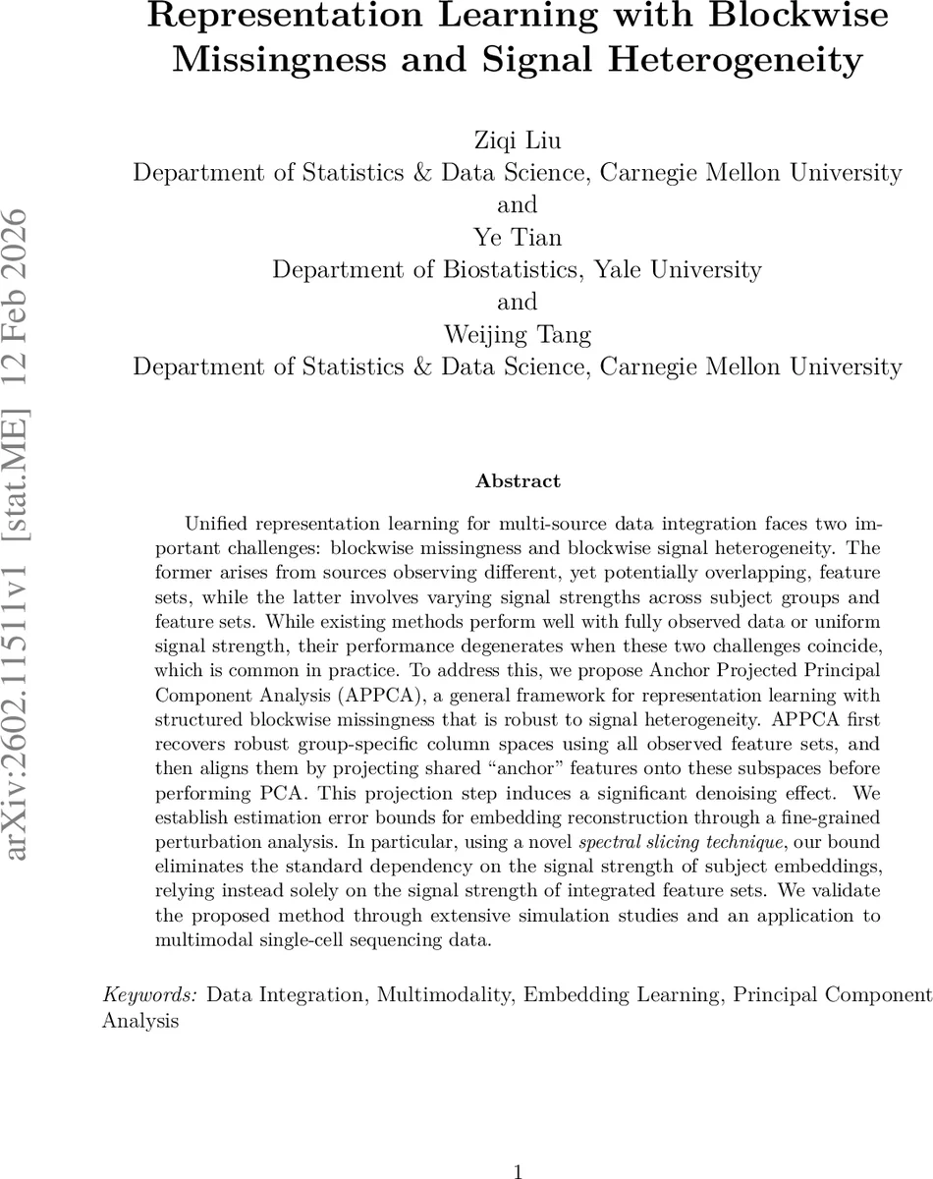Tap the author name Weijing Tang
coord(517,334)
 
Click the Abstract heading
coord(518,481)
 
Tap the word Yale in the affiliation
coord(629,269)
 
